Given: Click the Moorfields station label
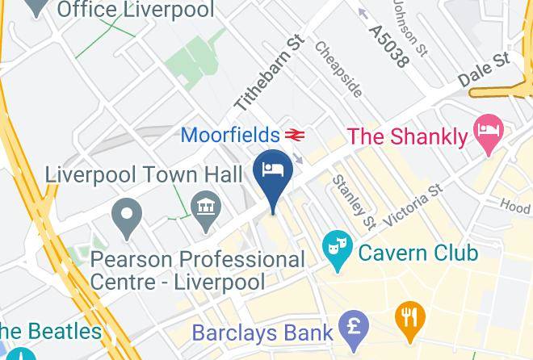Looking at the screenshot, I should (230, 134).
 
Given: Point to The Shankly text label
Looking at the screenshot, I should (408, 136).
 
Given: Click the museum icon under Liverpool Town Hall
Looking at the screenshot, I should (206, 205).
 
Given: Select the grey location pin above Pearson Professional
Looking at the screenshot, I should (127, 216).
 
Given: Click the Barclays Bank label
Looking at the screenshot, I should (262, 332).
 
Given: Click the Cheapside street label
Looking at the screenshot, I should (338, 69).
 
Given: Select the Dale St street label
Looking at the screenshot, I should (483, 70).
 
